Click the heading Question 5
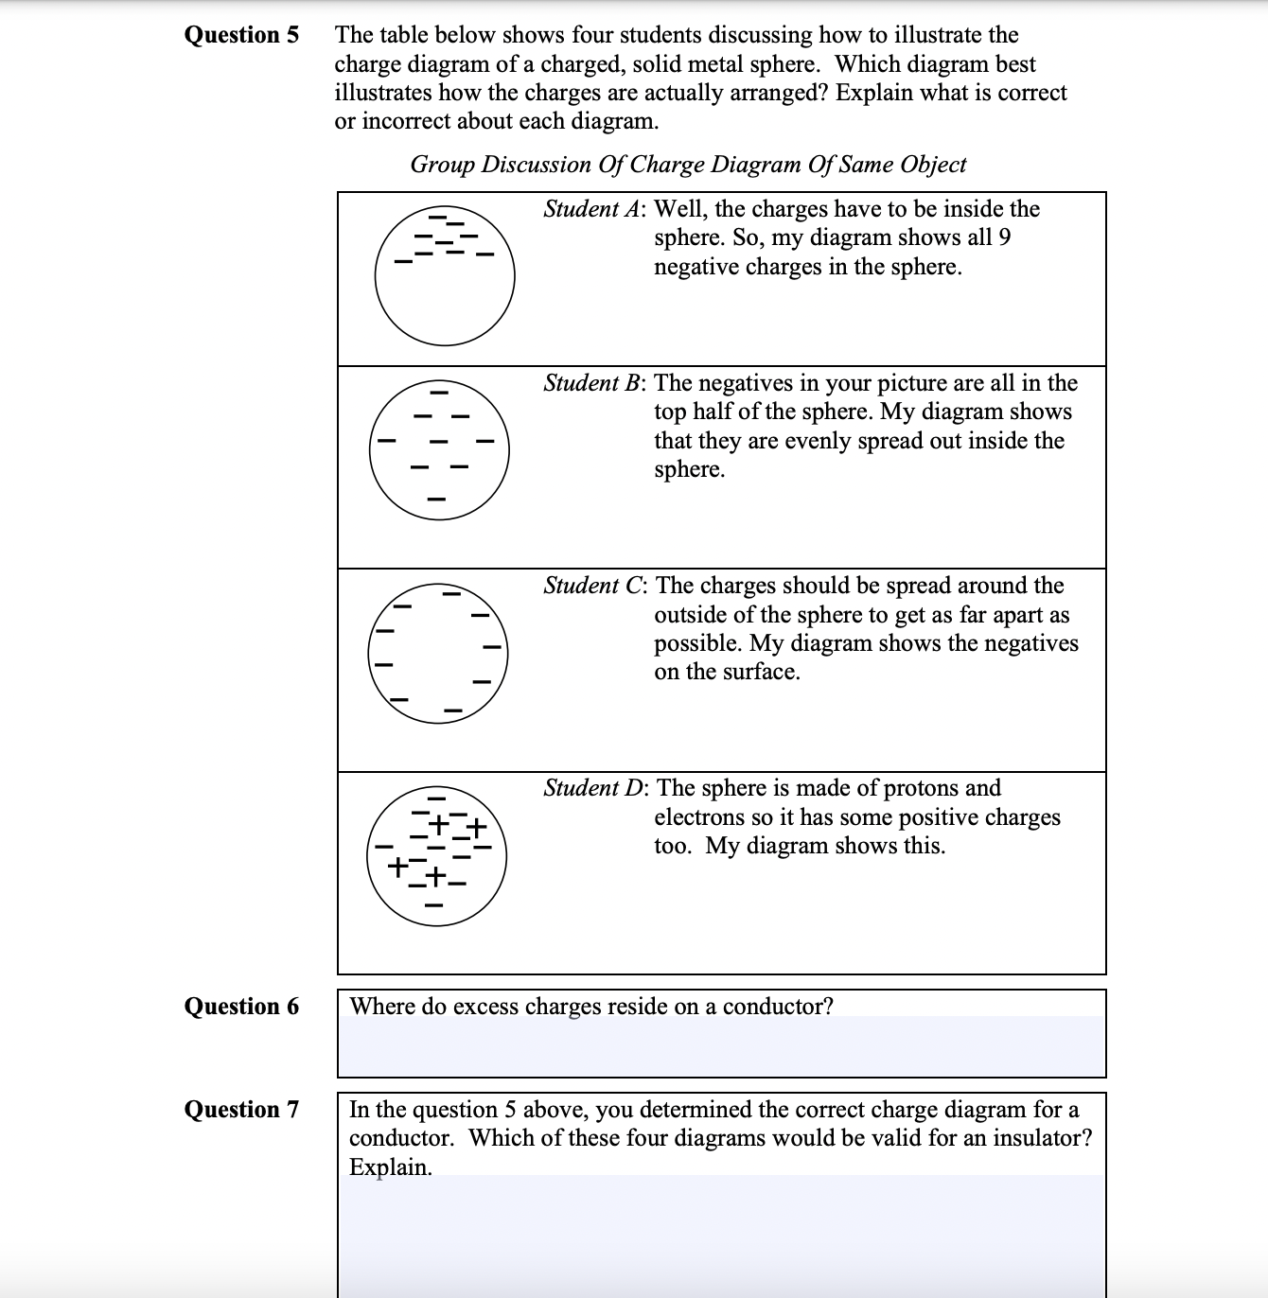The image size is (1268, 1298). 240,35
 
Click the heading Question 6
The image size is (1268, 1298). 240,1007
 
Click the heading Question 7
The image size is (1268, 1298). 240,1110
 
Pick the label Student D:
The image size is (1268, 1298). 595,788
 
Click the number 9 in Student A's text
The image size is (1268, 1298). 1004,237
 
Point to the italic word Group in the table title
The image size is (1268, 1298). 443,165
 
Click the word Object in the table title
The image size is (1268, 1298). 933,165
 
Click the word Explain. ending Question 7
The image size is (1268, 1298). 390,1167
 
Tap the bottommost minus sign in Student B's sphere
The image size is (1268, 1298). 436,499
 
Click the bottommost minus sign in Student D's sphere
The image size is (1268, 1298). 434,906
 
